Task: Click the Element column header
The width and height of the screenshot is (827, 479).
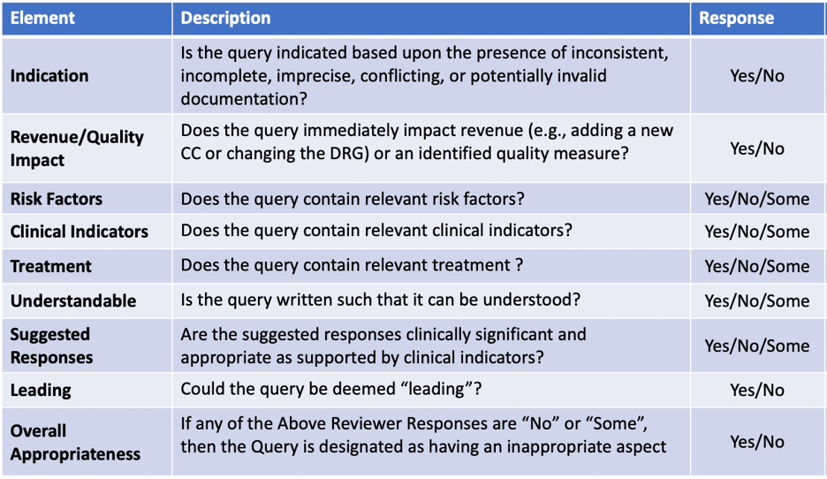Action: [42, 18]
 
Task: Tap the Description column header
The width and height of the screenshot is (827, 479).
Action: [225, 18]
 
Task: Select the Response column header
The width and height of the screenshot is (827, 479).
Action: [736, 19]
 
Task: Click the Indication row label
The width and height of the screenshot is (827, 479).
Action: [49, 76]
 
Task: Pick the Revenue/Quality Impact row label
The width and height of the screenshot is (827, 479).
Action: [77, 148]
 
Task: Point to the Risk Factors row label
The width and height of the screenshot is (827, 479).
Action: [57, 199]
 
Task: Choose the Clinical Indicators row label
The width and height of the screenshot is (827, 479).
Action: [80, 232]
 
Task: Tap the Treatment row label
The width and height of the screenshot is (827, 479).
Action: [50, 266]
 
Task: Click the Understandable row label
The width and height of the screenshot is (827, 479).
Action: [73, 300]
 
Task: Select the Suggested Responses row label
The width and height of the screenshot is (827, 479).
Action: [51, 346]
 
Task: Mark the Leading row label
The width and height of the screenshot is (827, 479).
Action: [41, 391]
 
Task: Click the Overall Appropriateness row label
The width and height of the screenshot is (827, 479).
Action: [75, 442]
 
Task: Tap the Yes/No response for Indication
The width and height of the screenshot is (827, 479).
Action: [757, 76]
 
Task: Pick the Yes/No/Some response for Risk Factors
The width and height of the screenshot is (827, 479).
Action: [757, 199]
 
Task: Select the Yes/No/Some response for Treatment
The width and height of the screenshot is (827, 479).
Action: [757, 266]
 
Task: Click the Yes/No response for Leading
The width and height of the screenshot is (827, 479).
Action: [757, 391]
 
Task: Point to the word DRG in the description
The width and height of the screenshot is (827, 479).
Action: [345, 154]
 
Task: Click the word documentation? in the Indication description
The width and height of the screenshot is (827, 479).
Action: [244, 99]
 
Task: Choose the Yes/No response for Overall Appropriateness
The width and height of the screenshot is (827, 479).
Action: [757, 442]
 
